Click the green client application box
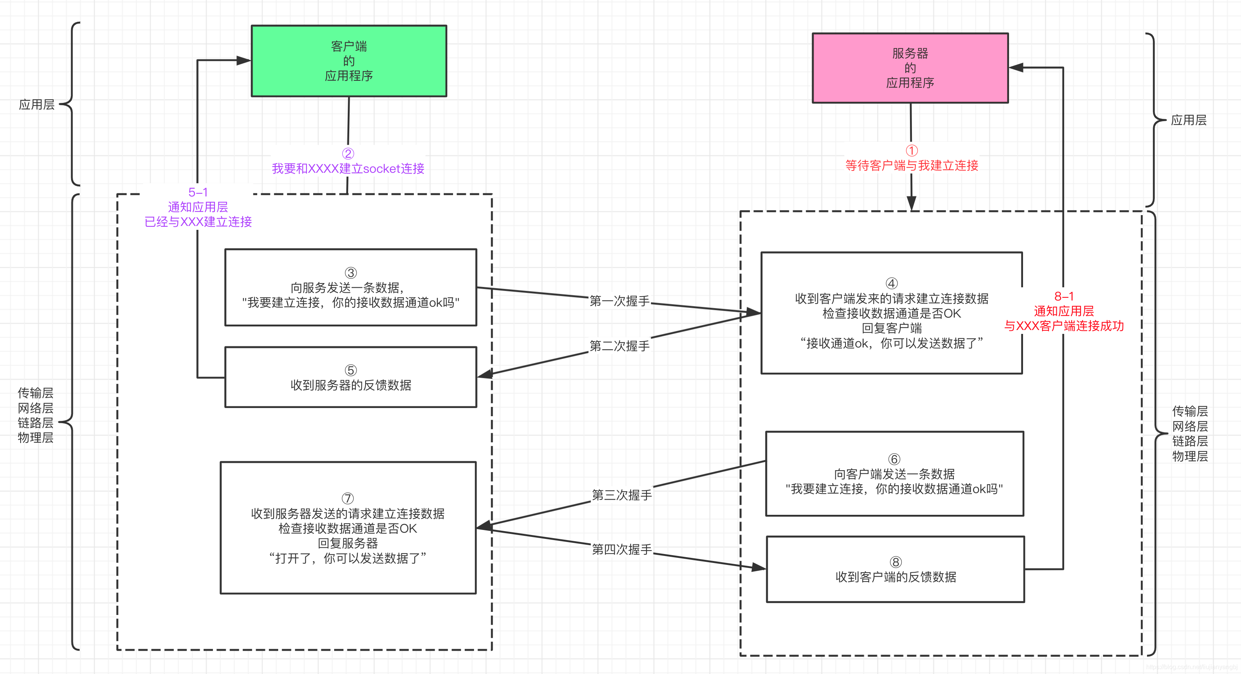click(349, 61)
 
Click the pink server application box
click(910, 68)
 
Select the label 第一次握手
click(620, 301)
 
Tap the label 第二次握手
click(620, 346)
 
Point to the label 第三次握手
click(621, 495)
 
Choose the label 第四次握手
click(621, 549)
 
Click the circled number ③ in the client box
click(351, 273)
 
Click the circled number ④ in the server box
click(892, 283)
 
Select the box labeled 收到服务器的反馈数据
click(351, 377)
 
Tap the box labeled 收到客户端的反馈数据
click(896, 570)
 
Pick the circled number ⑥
click(894, 459)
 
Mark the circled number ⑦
click(347, 498)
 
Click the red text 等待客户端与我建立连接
click(912, 166)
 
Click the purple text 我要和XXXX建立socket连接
click(348, 168)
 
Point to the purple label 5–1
click(198, 192)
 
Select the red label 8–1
click(1064, 296)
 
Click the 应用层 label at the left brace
click(37, 104)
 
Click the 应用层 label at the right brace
click(1189, 120)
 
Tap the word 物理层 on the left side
click(36, 438)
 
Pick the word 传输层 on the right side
click(1190, 411)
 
